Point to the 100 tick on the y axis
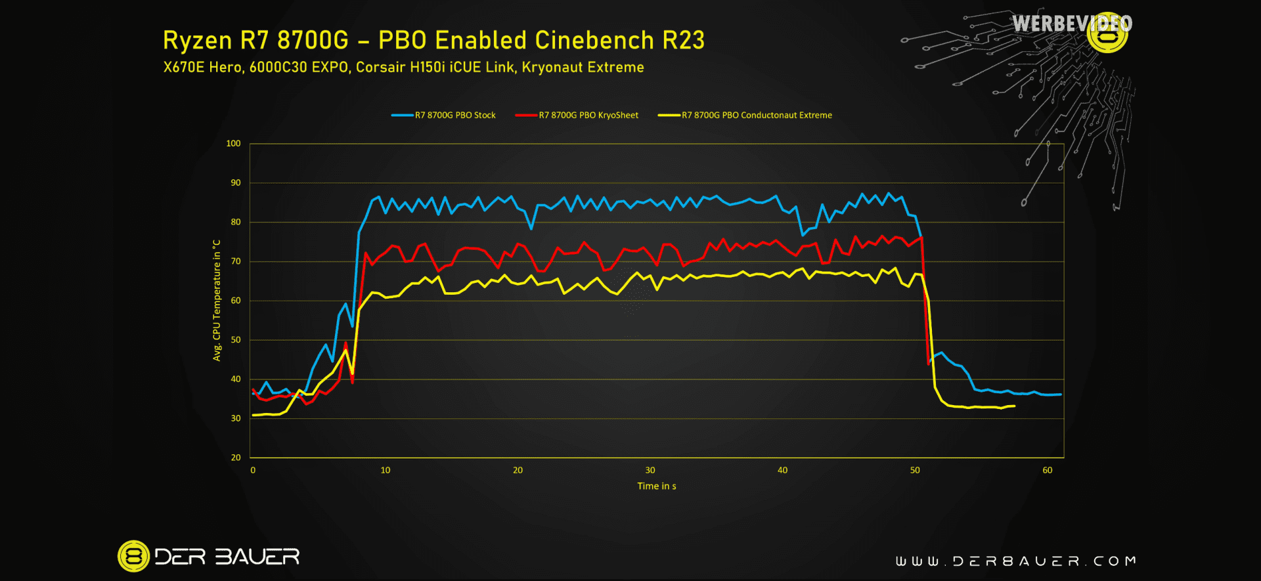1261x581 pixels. pos(233,144)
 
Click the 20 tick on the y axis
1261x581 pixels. pos(236,458)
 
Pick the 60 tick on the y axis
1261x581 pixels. pos(236,301)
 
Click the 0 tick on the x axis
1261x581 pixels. pos(253,470)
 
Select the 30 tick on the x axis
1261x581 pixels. pos(650,470)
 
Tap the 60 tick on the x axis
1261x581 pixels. pos(1047,470)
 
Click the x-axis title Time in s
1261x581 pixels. pos(656,486)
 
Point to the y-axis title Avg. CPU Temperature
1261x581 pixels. pos(217,300)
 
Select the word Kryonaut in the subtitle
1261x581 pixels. pos(552,68)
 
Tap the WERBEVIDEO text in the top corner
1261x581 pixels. pos(1071,24)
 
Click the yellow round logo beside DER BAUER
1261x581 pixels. pos(133,557)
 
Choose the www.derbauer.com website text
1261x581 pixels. pos(1015,561)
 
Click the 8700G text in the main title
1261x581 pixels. pos(313,41)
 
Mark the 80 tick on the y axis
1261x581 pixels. pos(236,222)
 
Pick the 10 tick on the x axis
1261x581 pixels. pos(386,470)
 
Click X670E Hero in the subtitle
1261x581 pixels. pos(202,68)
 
